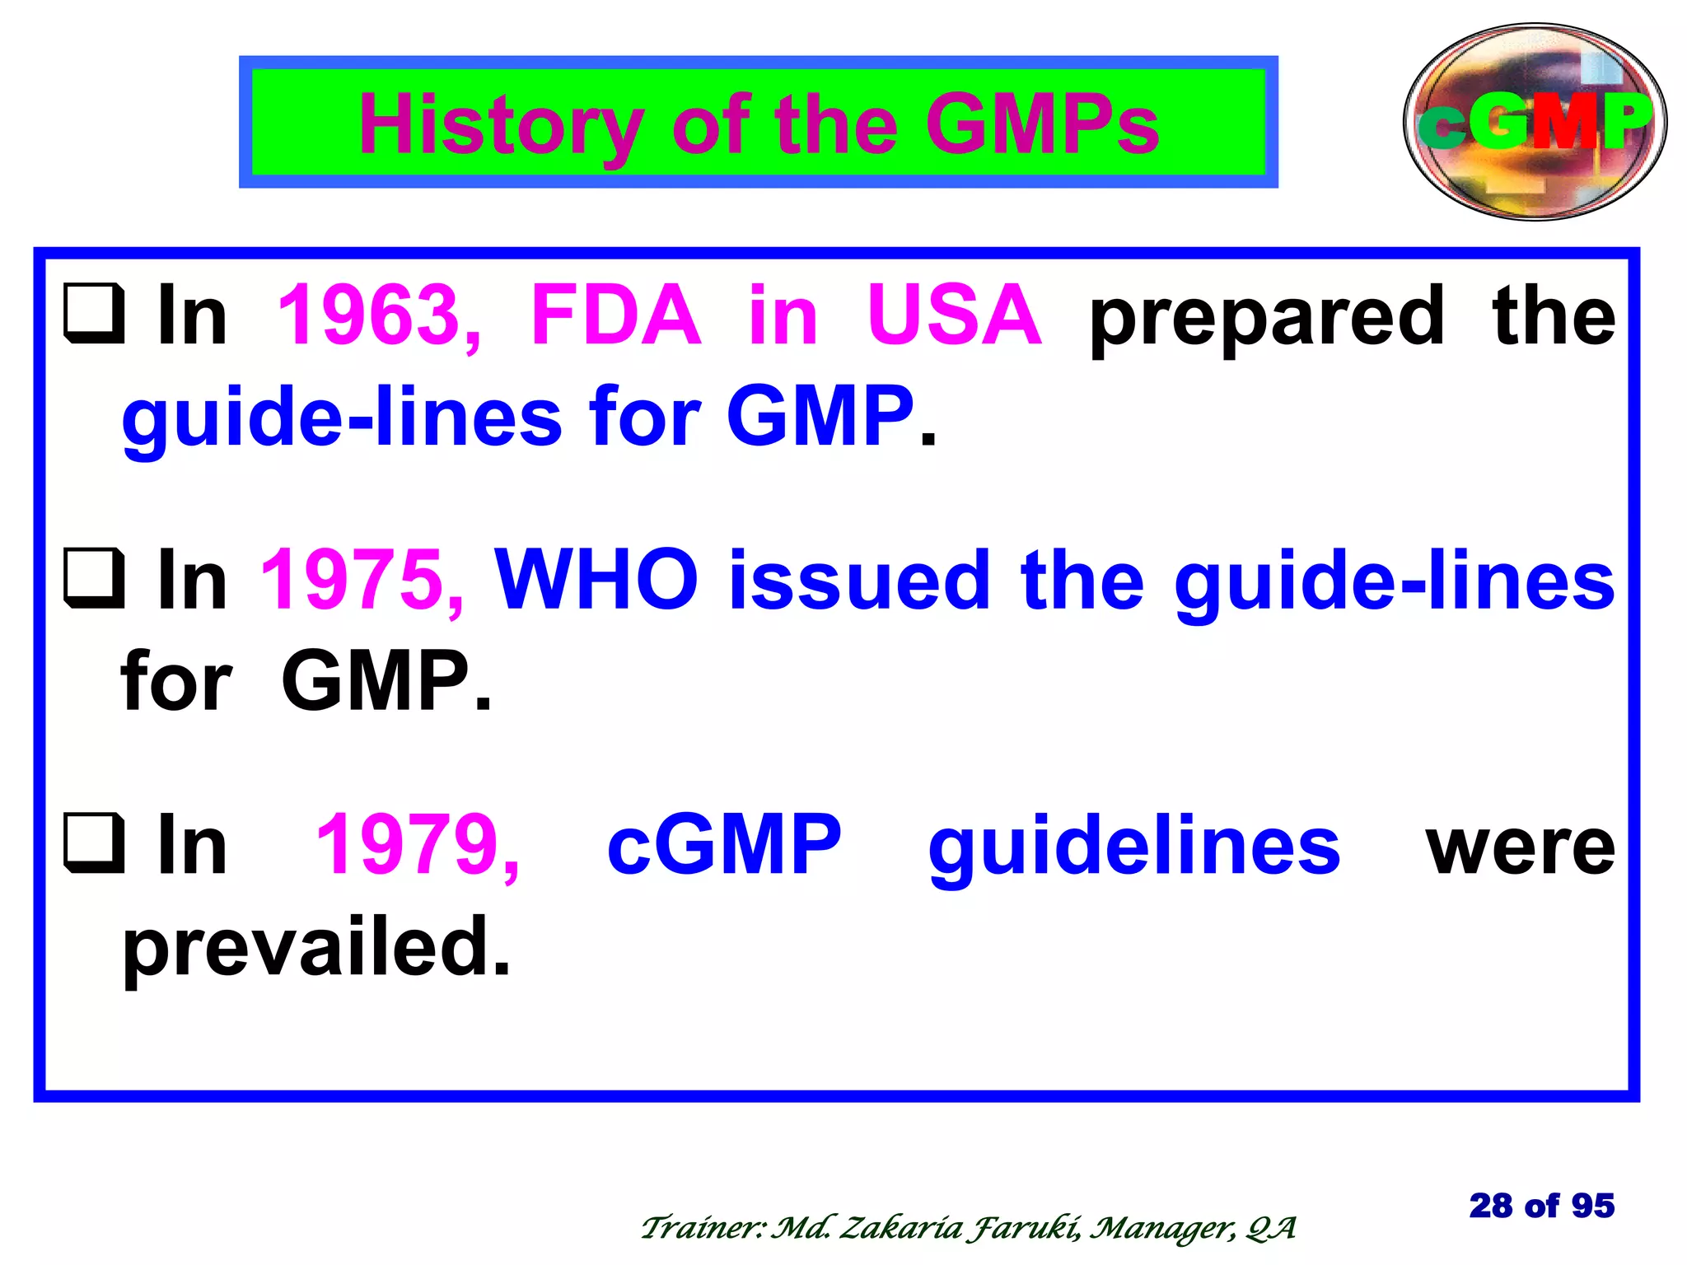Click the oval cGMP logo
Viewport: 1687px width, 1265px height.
click(1535, 122)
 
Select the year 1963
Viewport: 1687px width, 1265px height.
click(379, 315)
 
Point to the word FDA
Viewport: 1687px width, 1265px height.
click(615, 315)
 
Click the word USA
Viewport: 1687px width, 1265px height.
click(954, 315)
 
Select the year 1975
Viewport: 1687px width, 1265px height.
click(362, 581)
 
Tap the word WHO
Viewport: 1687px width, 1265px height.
click(596, 580)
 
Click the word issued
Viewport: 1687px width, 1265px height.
click(859, 581)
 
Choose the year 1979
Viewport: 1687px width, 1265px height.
click(418, 845)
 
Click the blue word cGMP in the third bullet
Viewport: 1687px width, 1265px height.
click(724, 845)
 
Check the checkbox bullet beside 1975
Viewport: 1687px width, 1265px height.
click(95, 580)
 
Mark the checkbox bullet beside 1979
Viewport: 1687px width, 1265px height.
click(95, 843)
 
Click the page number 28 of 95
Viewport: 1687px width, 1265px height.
click(1541, 1206)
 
